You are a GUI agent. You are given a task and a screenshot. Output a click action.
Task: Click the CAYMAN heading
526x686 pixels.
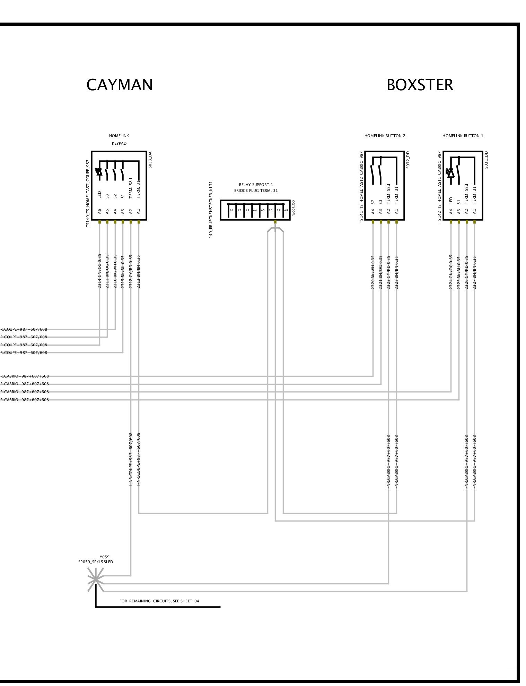119,85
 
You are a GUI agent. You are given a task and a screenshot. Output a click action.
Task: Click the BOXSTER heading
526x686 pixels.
420,85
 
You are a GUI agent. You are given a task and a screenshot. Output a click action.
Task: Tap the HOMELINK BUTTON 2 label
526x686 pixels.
385,136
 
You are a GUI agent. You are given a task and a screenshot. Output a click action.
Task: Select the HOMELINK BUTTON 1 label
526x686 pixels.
463,136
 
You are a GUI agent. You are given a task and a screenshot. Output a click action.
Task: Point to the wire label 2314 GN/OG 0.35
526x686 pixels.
99,271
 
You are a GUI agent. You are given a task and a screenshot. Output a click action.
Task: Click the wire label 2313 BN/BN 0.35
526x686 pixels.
139,271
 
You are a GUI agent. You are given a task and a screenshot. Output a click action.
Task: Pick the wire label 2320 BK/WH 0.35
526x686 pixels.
373,272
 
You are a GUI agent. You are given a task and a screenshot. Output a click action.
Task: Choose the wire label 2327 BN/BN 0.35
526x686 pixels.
475,272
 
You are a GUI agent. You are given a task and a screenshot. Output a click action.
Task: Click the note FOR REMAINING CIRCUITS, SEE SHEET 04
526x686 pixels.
159,601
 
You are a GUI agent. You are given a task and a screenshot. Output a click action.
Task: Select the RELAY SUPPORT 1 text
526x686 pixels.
256,185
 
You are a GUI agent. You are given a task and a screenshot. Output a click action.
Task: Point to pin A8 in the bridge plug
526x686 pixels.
286,210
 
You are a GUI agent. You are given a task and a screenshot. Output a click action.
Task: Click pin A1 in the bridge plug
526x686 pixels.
231,210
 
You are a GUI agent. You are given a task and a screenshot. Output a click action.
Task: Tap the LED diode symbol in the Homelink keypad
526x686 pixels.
99,172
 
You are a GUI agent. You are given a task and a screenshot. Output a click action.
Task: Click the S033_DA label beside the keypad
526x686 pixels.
150,160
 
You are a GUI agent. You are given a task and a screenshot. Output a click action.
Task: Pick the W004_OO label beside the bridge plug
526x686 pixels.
293,208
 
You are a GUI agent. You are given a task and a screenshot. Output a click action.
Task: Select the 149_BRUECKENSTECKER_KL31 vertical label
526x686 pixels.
211,210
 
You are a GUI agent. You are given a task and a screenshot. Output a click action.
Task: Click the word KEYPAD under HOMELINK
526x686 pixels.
119,143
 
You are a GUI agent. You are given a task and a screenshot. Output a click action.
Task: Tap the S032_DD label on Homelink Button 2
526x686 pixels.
408,160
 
